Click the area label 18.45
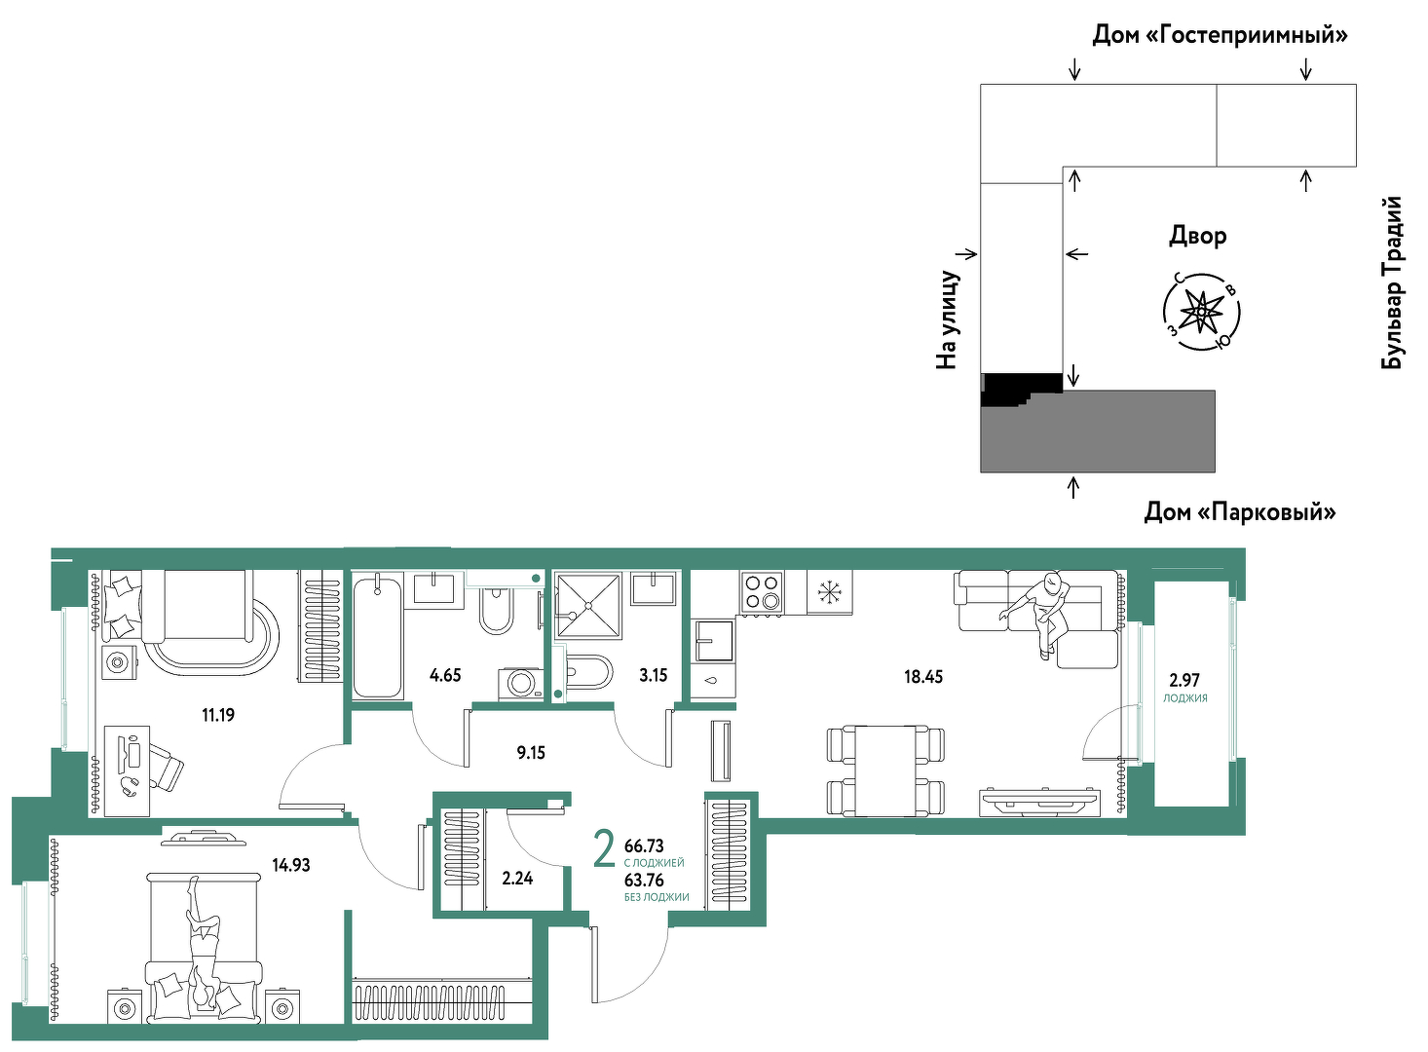pos(923,676)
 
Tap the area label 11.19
pos(218,715)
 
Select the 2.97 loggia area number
pos(1184,680)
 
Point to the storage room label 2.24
pos(517,879)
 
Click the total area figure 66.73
pos(644,846)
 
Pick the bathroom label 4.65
pos(445,675)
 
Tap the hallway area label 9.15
pos(531,753)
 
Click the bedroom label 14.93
pos(290,865)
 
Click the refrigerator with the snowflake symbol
pos(829,592)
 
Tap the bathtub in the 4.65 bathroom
pos(377,635)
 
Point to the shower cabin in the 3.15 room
pos(588,605)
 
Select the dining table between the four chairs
pos(885,770)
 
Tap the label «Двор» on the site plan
pos(1197,236)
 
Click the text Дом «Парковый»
pos(1239,511)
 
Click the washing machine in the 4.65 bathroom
pos(520,684)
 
